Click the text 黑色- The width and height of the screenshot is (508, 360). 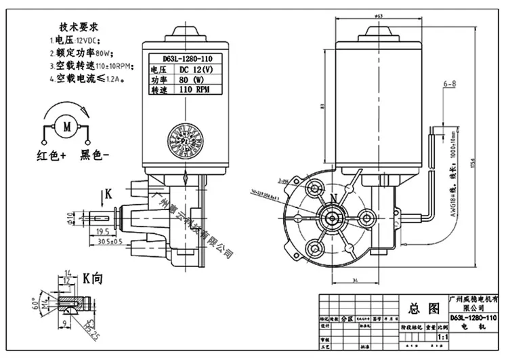pos(96,155)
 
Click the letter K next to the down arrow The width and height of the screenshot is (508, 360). pos(108,195)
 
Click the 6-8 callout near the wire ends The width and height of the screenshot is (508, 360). pos(450,83)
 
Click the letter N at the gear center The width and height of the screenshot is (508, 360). pos(333,198)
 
